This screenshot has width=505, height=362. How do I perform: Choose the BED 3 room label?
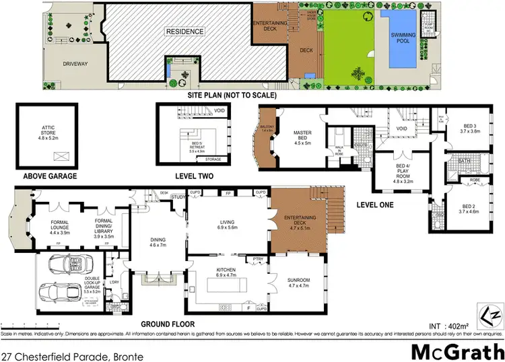(x=471, y=128)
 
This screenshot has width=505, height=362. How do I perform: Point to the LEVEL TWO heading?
(x=195, y=176)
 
